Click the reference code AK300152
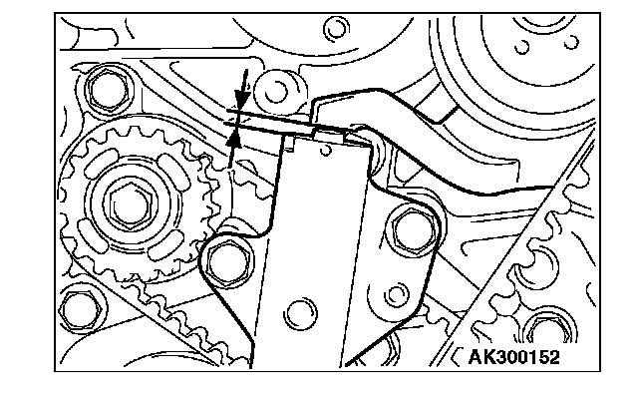[x=514, y=357]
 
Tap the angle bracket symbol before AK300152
[x=457, y=357]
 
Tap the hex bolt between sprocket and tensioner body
[x=226, y=262]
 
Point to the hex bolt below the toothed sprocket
[x=80, y=310]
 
